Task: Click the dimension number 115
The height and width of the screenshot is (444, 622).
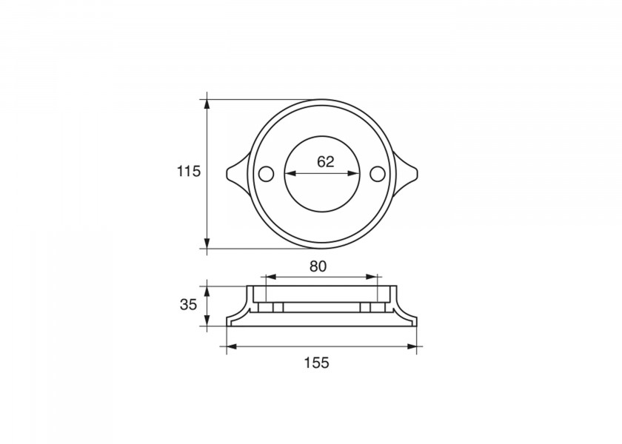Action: (x=189, y=172)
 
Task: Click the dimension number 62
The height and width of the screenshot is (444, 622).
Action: (x=325, y=161)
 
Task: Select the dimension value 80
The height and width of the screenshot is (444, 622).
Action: (x=318, y=266)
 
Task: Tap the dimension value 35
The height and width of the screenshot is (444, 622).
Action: (x=189, y=304)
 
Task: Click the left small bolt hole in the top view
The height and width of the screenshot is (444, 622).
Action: (x=264, y=173)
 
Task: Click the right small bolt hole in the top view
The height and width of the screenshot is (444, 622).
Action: (x=378, y=173)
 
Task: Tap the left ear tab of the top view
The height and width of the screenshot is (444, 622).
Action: (x=235, y=173)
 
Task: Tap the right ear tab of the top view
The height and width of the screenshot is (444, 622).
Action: (x=408, y=173)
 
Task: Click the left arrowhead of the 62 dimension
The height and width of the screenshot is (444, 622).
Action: (x=289, y=174)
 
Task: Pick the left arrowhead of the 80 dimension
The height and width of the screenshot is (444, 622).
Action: (x=267, y=277)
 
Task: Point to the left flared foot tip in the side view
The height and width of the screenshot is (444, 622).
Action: (x=227, y=323)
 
